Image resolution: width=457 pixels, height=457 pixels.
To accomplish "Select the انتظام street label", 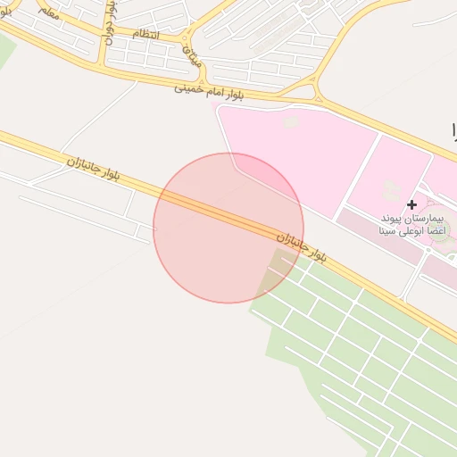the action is (x=146, y=33).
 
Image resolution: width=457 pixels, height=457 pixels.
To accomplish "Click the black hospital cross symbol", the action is (x=411, y=204).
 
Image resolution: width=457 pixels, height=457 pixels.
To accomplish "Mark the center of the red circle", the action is (x=228, y=228).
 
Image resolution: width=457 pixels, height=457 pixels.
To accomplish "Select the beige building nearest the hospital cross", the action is (x=391, y=189).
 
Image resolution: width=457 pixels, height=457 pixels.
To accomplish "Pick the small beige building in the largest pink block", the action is (x=289, y=120).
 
